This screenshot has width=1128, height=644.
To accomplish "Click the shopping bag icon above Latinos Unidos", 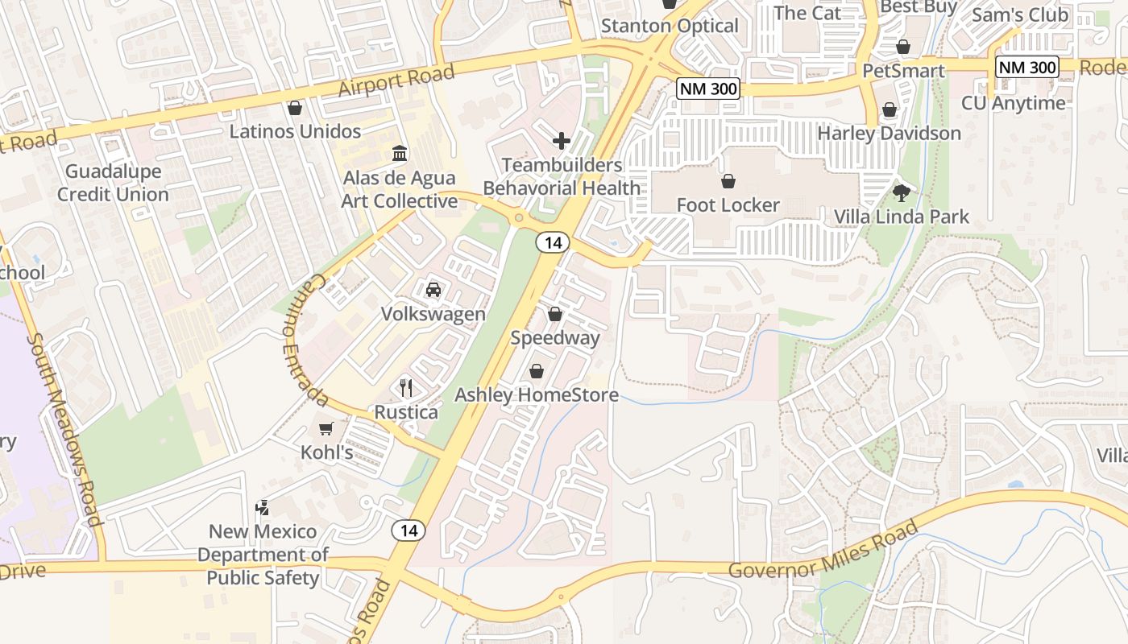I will [x=295, y=108].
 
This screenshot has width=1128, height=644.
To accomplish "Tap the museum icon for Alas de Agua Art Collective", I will [x=399, y=153].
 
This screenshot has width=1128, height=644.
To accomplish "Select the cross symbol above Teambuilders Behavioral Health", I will [x=562, y=142].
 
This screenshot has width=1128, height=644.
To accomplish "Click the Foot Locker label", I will [x=728, y=205].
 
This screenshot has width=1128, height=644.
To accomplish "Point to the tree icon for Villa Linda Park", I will [x=901, y=193].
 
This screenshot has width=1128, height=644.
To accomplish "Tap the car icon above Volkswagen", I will [x=433, y=290].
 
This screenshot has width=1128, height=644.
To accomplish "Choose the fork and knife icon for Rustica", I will [x=406, y=388].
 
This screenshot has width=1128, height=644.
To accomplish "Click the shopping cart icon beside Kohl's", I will [x=326, y=428].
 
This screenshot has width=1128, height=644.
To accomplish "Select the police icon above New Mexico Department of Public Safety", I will [x=262, y=507].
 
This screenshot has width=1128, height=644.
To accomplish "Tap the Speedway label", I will [x=555, y=338].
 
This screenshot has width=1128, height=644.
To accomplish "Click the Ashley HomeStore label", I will [x=537, y=395].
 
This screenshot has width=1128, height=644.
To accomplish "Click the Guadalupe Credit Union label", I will [x=113, y=183].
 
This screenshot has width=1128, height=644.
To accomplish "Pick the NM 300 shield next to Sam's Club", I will [x=1026, y=67].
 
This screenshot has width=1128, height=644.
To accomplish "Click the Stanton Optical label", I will [x=670, y=26].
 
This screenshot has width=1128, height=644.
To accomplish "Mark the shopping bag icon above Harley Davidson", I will [x=890, y=109].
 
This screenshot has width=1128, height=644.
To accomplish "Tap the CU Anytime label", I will [x=1013, y=103].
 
